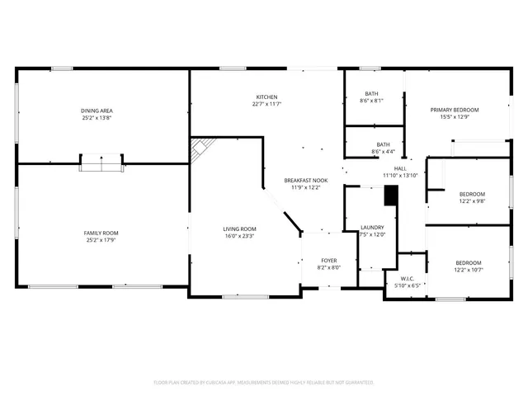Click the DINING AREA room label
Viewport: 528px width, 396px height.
point(97,111)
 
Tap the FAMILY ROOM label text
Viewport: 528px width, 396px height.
point(101,233)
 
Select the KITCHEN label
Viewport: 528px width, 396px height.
point(266,97)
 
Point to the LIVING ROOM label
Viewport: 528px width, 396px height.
point(239,229)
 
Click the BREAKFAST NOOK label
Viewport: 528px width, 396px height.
point(306,180)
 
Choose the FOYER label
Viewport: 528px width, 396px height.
point(328,261)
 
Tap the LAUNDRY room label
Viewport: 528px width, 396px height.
point(373,228)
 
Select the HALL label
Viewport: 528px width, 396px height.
point(400,168)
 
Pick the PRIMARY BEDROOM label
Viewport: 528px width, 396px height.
point(455,110)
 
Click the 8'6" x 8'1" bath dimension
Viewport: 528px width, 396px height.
point(372,101)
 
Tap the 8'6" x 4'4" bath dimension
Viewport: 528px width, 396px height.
point(372,152)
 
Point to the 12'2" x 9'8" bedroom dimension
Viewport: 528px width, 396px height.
point(472,200)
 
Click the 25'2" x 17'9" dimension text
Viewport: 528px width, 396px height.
point(101,241)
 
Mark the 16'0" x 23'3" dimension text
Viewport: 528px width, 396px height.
point(239,236)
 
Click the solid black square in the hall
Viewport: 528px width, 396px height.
point(392,196)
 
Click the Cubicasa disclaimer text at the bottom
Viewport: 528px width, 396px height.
point(264,382)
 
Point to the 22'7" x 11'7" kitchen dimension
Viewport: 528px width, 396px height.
point(266,104)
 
